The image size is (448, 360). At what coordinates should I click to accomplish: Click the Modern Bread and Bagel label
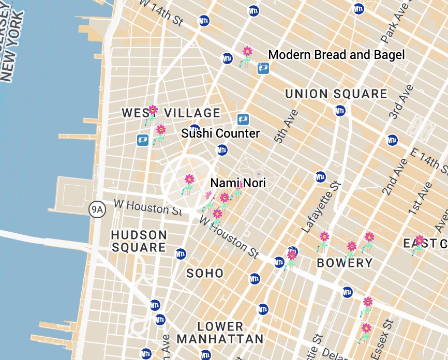(x=336, y=55)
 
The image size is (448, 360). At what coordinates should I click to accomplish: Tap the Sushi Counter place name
(x=220, y=133)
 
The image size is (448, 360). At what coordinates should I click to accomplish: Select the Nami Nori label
(x=238, y=183)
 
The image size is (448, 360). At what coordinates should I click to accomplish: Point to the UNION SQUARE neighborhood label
(x=336, y=94)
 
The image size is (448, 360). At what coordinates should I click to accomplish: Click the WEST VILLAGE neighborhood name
(x=171, y=113)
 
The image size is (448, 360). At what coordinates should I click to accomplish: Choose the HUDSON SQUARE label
(x=139, y=241)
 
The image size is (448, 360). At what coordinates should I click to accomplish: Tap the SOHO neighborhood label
(x=205, y=273)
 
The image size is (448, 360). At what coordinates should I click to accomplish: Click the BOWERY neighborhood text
(x=345, y=263)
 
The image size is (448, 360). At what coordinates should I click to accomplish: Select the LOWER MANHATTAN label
(x=220, y=333)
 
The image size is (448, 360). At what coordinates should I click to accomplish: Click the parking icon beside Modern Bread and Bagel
(x=263, y=68)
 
